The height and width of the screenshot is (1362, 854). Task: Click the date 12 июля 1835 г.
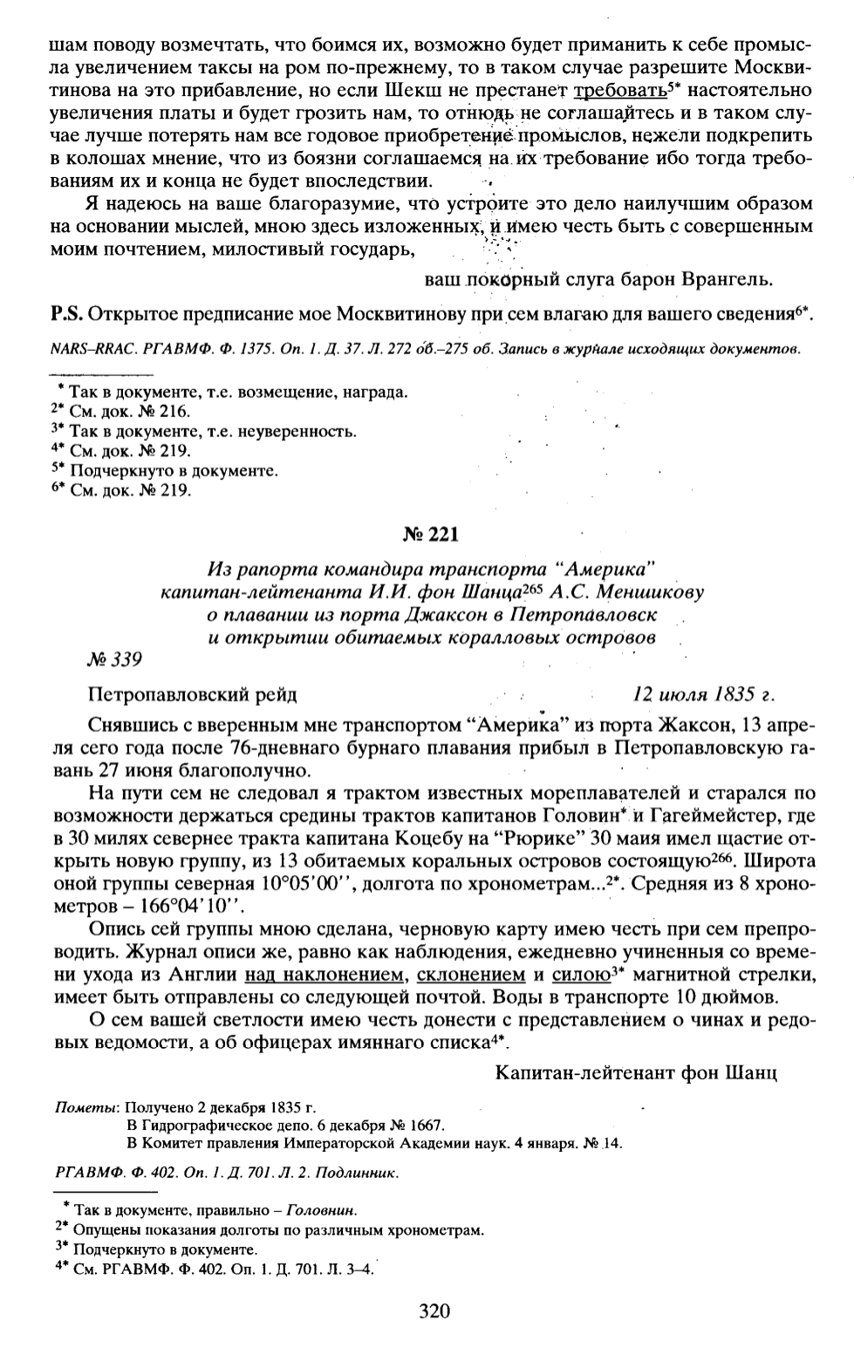(x=703, y=695)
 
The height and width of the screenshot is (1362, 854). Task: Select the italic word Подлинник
(x=365, y=1174)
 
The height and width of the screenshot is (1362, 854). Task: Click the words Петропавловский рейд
(x=192, y=695)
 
